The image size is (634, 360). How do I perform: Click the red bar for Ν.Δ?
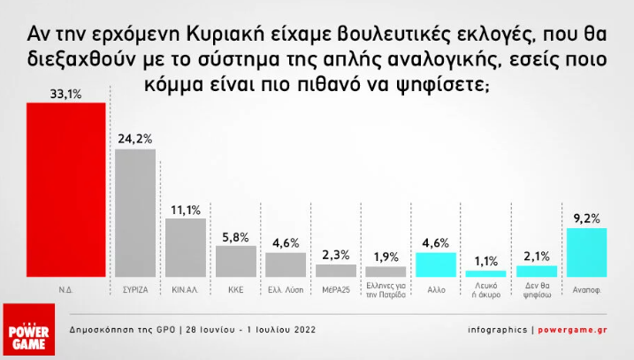pos(66,189)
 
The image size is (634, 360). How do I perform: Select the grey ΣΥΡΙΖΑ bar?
pos(135,213)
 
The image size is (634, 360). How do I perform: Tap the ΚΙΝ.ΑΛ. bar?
pos(186,248)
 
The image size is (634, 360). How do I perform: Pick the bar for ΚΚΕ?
pos(236,261)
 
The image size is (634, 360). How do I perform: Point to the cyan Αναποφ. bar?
pos(586,253)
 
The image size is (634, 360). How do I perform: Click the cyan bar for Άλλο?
pos(436,265)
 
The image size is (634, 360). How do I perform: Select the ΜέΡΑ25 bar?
pos(336,271)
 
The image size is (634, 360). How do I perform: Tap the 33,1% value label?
pos(66,95)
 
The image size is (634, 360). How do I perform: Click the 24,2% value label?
pos(135,139)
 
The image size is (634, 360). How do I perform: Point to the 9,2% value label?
pos(586,218)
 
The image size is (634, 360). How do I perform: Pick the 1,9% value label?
pos(386,257)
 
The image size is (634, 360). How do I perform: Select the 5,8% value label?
pos(236,237)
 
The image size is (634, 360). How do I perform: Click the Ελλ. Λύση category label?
pos(286,290)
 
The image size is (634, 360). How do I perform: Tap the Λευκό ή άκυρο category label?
pos(486,290)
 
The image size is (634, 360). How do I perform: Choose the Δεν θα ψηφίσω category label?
pos(537,290)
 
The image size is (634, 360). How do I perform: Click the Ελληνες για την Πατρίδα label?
pos(386,290)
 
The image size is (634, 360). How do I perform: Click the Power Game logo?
pos(28,329)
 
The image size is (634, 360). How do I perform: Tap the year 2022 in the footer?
pos(305,330)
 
